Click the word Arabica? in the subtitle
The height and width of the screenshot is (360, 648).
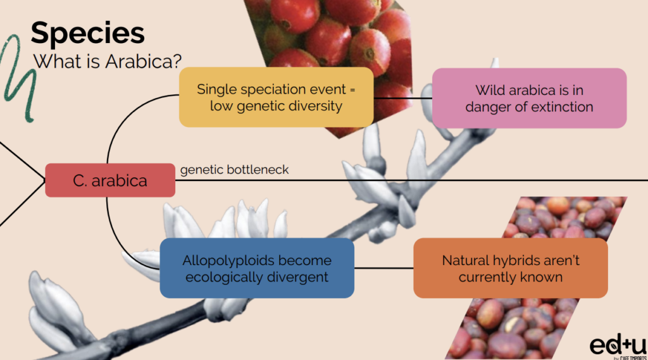[x=144, y=61]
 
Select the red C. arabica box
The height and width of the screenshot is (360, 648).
[x=110, y=180]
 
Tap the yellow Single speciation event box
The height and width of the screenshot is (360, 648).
[x=276, y=97]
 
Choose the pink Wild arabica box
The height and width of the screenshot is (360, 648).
[x=530, y=98]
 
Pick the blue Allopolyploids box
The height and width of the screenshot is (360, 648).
[x=257, y=268]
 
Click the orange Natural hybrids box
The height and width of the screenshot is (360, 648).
[x=511, y=268]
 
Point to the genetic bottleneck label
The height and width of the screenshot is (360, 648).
[x=234, y=170]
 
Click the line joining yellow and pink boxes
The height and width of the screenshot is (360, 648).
[x=403, y=98]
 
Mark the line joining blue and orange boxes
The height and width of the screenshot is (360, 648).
[x=384, y=268]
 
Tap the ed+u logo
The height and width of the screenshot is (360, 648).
[x=618, y=345]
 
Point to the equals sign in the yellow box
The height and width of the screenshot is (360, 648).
[x=352, y=90]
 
